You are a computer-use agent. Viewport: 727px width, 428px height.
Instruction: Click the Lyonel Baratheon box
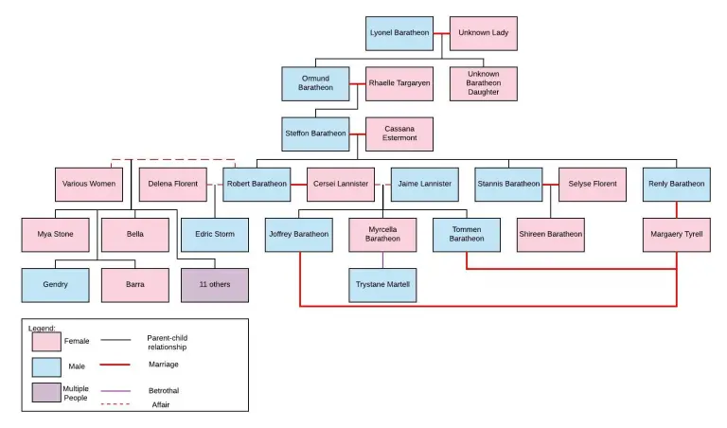click(x=399, y=33)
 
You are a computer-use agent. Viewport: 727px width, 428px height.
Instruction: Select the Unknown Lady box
click(x=482, y=33)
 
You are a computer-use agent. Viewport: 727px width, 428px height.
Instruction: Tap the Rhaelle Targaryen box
click(x=399, y=83)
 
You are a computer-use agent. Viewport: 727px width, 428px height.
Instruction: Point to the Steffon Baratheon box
click(x=315, y=134)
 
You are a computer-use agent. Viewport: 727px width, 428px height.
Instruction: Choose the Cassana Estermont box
click(x=399, y=134)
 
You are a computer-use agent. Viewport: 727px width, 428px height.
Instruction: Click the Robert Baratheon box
click(x=257, y=184)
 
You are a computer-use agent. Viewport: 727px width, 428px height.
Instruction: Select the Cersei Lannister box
click(x=340, y=184)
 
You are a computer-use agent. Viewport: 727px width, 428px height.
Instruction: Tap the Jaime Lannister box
click(x=423, y=184)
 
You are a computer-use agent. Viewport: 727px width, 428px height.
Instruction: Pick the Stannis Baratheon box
click(x=508, y=184)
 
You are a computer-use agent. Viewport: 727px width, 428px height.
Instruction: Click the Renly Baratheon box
click(x=676, y=184)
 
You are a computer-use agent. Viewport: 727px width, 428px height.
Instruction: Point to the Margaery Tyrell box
click(x=676, y=234)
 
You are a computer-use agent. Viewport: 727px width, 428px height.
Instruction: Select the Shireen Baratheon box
click(x=551, y=234)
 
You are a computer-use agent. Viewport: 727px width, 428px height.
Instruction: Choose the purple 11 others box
click(x=215, y=284)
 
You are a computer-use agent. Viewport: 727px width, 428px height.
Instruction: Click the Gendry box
click(x=55, y=284)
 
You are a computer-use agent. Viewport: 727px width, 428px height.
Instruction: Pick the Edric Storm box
click(x=215, y=234)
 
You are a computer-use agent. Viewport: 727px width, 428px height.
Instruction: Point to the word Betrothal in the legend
click(x=163, y=390)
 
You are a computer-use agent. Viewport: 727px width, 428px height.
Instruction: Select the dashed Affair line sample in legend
click(x=115, y=405)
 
